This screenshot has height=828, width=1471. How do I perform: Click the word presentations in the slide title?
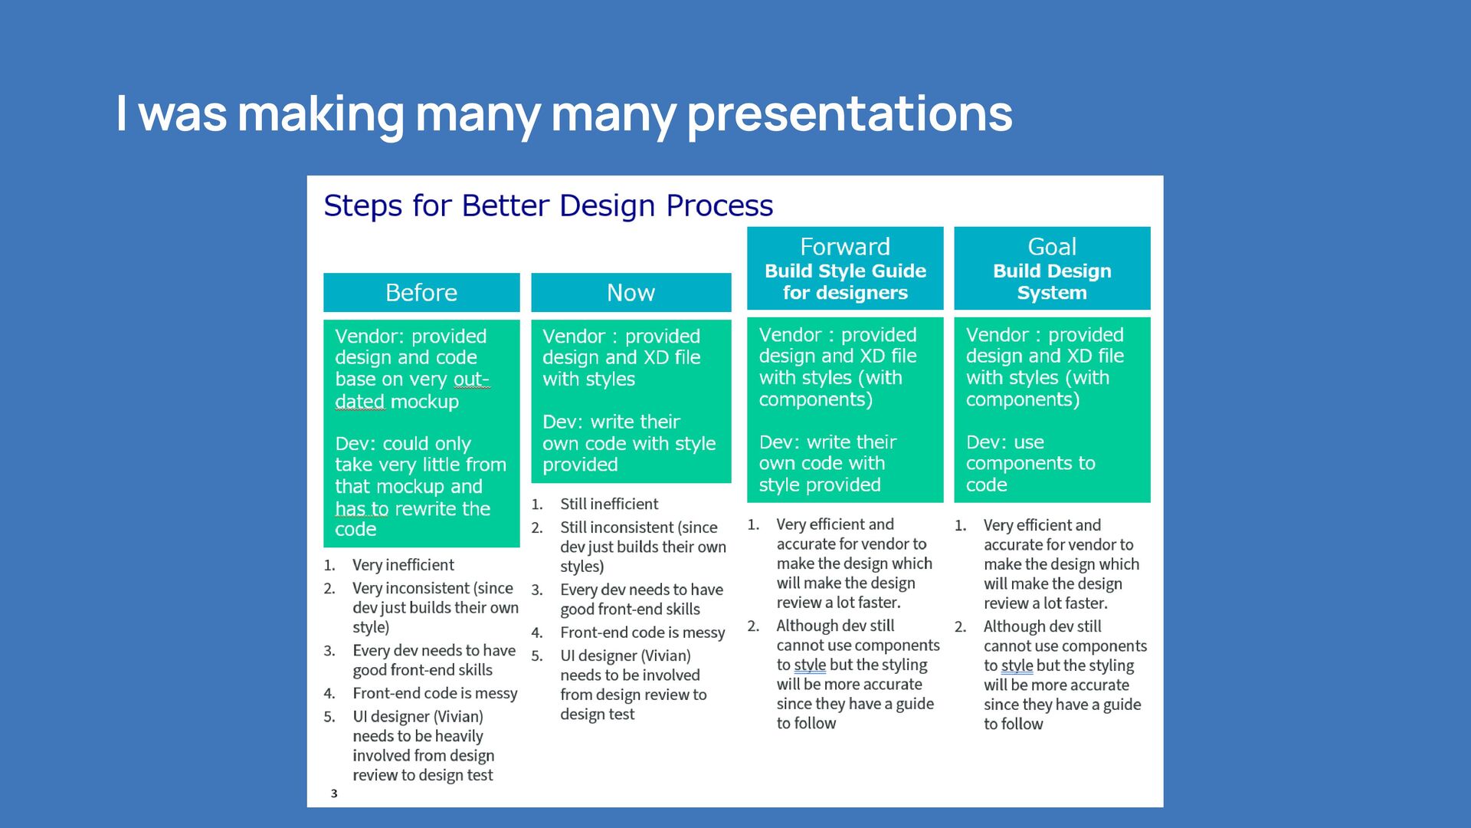pyautogui.click(x=850, y=113)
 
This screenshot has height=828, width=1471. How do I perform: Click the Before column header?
pyautogui.click(x=421, y=292)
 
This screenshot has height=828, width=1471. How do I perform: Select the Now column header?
pyautogui.click(x=631, y=292)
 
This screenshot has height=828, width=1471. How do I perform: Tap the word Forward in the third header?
pyautogui.click(x=845, y=247)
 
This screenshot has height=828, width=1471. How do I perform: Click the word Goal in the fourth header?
pyautogui.click(x=1052, y=247)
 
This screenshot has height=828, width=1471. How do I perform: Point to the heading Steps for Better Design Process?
pyautogui.click(x=549, y=205)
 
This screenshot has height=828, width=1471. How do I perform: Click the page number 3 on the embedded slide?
pyautogui.click(x=334, y=793)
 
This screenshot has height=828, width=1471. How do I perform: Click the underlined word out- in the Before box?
pyautogui.click(x=471, y=379)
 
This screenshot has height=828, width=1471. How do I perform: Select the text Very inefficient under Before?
pyautogui.click(x=403, y=565)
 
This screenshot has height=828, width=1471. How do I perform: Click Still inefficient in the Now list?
pyautogui.click(x=609, y=504)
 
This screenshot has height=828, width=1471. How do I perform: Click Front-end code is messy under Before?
pyautogui.click(x=435, y=693)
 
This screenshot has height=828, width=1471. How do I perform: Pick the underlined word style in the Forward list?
pyautogui.click(x=810, y=665)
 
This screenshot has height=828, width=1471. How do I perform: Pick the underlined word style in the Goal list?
pyautogui.click(x=1017, y=665)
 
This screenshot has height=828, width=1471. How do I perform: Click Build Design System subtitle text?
pyautogui.click(x=1052, y=281)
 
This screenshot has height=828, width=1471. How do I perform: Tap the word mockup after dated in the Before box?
pyautogui.click(x=424, y=402)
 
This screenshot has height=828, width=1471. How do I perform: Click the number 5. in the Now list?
pyautogui.click(x=537, y=656)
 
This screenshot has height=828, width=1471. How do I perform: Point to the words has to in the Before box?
pyautogui.click(x=362, y=509)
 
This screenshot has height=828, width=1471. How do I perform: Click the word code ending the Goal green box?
pyautogui.click(x=986, y=485)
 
